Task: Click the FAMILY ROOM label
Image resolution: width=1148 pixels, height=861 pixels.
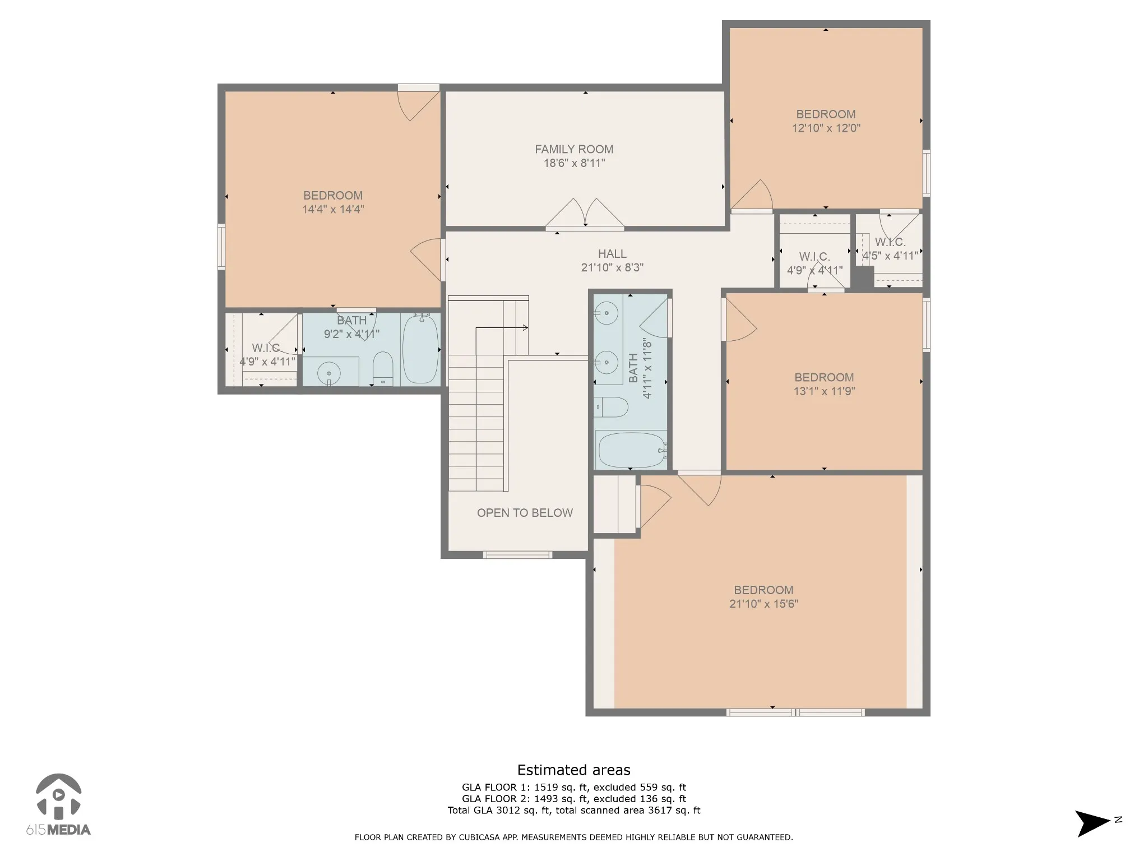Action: coord(574,149)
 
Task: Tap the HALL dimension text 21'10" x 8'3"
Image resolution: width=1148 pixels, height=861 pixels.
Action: coord(612,268)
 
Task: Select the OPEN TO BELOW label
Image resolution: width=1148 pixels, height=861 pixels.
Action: coord(525,513)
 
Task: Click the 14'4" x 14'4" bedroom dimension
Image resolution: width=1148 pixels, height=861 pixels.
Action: coord(333,209)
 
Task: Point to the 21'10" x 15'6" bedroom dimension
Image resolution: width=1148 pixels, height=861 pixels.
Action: coord(763,604)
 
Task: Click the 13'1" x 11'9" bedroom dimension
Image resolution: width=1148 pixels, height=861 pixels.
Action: coord(824,391)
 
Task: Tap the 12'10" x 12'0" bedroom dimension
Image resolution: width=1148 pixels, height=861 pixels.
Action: coord(826,128)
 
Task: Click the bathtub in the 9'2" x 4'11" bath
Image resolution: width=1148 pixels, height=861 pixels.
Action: coord(420,349)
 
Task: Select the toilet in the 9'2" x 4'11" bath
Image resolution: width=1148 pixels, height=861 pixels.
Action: coord(384,369)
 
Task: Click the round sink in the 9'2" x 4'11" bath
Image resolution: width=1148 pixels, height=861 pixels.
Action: coord(329,373)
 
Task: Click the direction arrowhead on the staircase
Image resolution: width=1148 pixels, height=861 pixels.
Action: coord(525,327)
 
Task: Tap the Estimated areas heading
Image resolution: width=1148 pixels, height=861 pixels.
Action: coord(573,770)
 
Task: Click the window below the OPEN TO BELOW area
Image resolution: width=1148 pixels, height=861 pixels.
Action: coord(518,555)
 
